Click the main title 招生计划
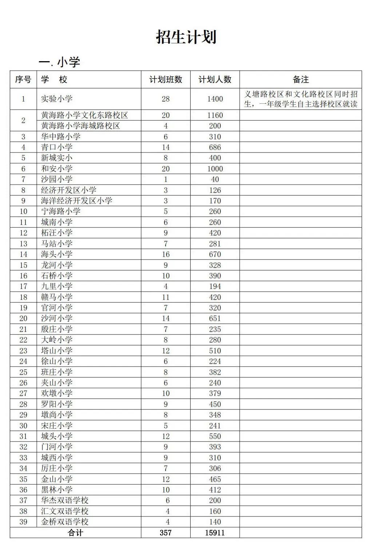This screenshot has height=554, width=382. click(186, 37)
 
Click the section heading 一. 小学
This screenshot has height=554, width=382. click(59, 62)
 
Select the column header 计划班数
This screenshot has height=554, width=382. click(166, 79)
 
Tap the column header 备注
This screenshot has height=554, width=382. click(301, 79)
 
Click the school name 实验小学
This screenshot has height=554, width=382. click(57, 99)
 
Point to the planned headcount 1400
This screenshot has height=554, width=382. click(215, 99)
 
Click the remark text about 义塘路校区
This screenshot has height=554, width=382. click(301, 99)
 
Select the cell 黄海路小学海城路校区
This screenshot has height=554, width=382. click(80, 126)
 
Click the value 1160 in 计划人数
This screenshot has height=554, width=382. click(215, 115)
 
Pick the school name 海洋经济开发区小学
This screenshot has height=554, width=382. click(77, 201)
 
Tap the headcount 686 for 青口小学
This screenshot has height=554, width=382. click(215, 147)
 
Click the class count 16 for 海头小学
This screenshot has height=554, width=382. click(166, 254)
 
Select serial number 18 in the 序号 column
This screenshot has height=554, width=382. click(23, 297)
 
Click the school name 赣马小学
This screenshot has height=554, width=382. click(57, 297)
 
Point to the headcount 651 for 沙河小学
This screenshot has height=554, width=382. click(215, 318)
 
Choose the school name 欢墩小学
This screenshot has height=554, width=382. click(57, 393)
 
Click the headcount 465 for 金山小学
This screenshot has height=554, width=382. click(215, 479)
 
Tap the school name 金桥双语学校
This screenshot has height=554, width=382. click(65, 522)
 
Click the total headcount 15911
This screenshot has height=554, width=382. click(215, 533)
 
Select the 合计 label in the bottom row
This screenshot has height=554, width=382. click(75, 533)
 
